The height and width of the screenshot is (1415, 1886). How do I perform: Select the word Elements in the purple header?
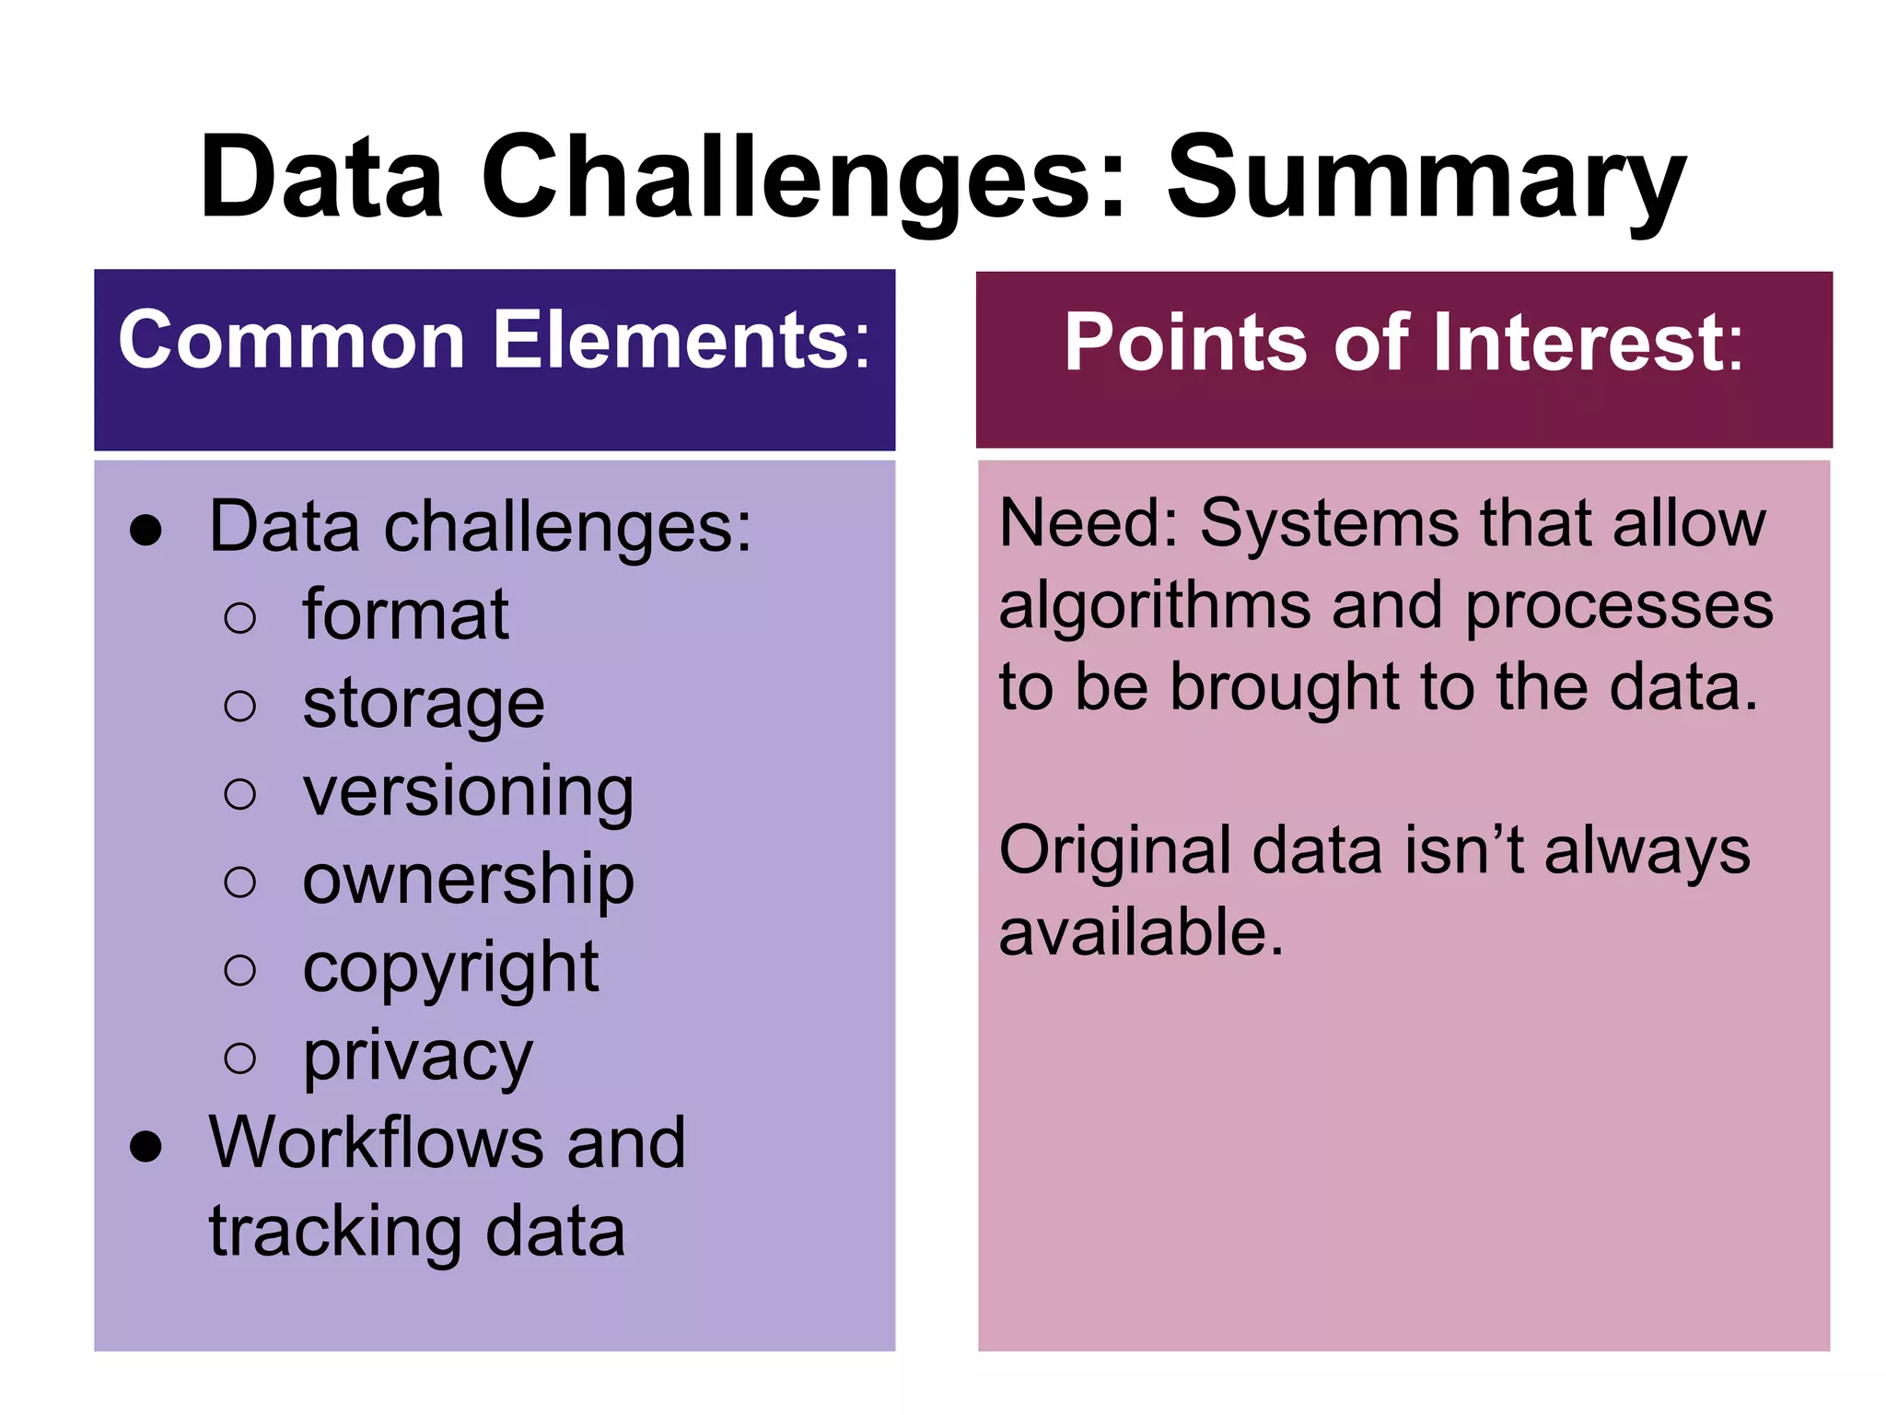pos(681,340)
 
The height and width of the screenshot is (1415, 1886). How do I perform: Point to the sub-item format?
pos(405,614)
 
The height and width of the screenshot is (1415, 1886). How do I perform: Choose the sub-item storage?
pos(424,703)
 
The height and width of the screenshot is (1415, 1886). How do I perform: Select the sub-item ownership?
pos(468,879)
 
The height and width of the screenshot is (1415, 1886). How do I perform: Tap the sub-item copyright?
pos(450,967)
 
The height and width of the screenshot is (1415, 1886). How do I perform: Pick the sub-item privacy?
pos(417,1056)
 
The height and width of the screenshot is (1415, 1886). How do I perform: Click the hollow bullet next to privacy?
pos(240,1058)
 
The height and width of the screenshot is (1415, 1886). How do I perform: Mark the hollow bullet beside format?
pos(240,617)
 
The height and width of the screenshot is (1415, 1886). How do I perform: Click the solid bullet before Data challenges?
pos(146,531)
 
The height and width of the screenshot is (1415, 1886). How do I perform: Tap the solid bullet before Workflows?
pos(146,1146)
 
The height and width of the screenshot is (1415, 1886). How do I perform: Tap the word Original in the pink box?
pos(1114,849)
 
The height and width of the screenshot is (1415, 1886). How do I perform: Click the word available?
pos(1140,931)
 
